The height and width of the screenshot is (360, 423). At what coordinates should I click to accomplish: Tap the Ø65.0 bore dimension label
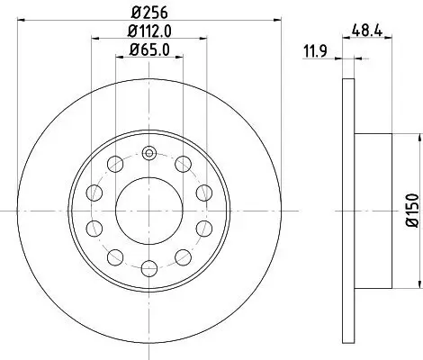[x=148, y=51]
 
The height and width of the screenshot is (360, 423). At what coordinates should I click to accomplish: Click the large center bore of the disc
[x=149, y=207]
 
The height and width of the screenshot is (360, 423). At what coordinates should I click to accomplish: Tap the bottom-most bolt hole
[x=149, y=267]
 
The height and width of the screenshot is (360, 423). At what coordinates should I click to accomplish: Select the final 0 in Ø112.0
[x=167, y=33]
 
